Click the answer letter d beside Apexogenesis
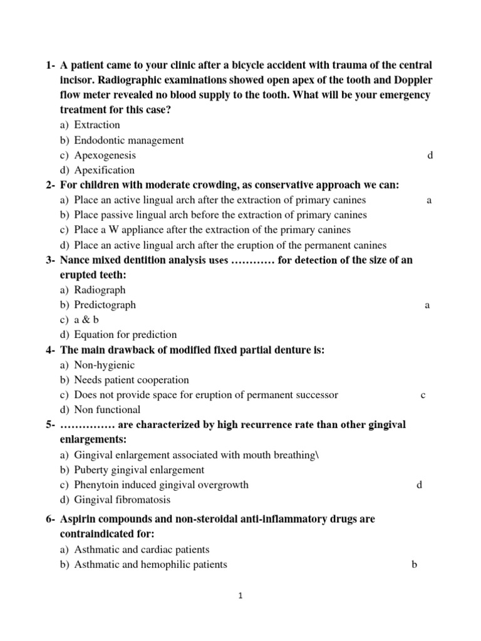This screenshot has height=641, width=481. [x=430, y=155]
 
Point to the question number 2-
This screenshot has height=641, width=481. [x=51, y=185]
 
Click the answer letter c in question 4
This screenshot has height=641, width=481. [x=423, y=395]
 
